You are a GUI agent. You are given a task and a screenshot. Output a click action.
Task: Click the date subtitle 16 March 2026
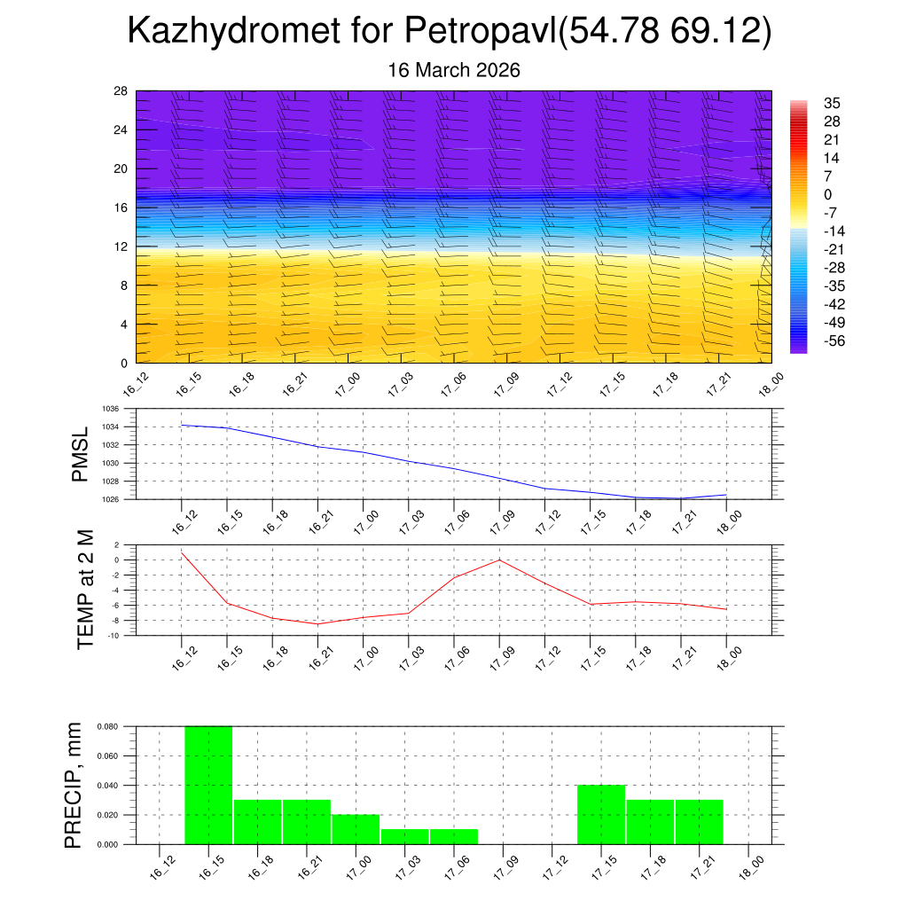453,70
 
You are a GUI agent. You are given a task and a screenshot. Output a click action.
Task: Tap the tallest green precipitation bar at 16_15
208,785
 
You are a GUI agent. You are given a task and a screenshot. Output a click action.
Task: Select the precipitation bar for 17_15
601,814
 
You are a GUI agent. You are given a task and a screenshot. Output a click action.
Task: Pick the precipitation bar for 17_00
356,829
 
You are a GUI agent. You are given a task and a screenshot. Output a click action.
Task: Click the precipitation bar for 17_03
404,836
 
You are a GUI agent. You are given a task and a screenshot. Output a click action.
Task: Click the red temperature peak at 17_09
499,560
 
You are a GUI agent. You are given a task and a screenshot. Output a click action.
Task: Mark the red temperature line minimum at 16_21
317,624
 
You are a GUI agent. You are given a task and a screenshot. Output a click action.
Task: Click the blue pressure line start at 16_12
182,425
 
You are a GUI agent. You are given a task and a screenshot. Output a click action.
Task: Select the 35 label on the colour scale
832,103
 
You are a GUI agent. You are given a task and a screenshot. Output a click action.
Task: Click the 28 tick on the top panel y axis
121,90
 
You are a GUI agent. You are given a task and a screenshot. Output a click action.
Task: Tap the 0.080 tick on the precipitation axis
107,726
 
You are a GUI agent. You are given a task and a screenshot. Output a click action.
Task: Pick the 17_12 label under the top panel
556,387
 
